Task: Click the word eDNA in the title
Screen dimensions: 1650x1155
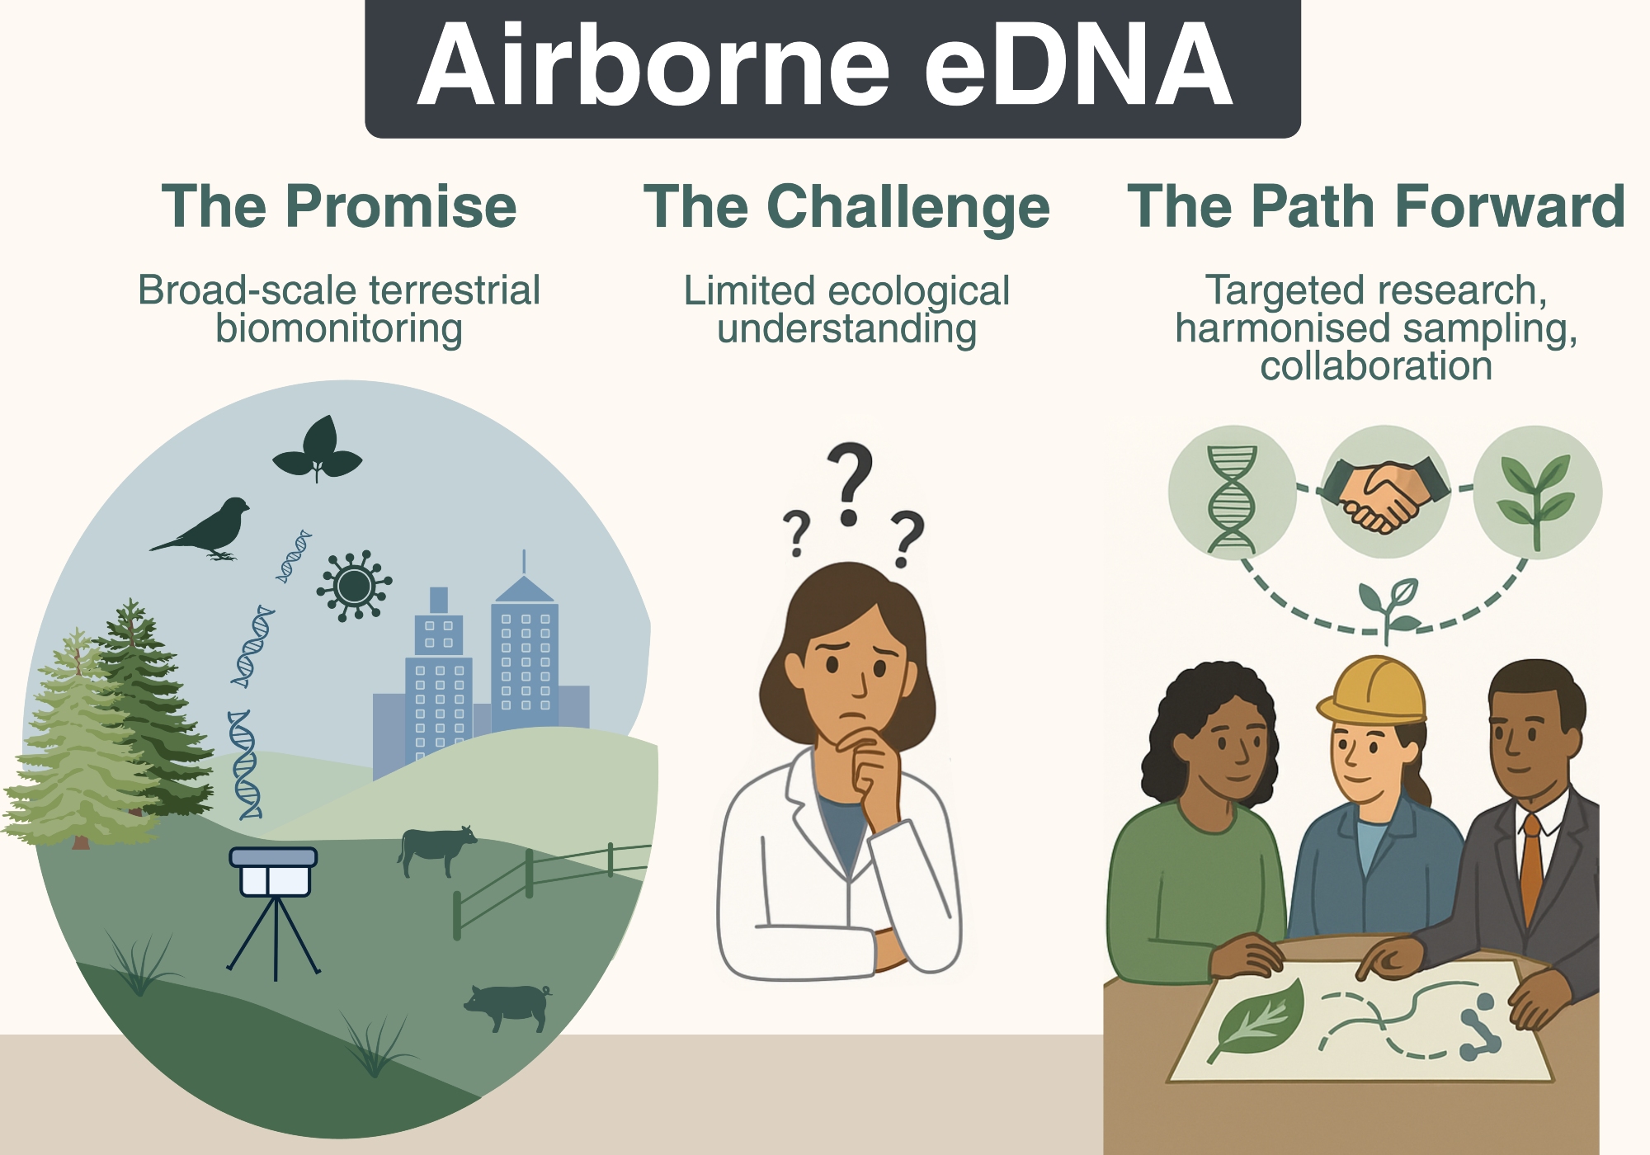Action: [x=1078, y=66]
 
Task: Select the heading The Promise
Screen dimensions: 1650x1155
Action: [x=339, y=206]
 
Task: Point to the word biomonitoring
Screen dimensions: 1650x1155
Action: [x=339, y=329]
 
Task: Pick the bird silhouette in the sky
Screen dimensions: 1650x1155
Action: [x=200, y=529]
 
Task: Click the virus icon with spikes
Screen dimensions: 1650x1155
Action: [x=354, y=586]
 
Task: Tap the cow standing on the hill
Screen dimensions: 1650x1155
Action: [x=437, y=850]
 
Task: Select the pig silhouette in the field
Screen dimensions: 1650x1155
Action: [x=508, y=1006]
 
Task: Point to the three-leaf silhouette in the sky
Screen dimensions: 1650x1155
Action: [x=318, y=449]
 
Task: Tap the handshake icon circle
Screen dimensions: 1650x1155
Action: [x=1385, y=492]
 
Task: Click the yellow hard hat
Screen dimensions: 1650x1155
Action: [x=1371, y=690]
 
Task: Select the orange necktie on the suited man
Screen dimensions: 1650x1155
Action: [x=1531, y=870]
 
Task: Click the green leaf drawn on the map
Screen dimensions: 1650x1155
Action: [x=1256, y=1020]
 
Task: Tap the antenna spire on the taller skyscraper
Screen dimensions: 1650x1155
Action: [x=524, y=563]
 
